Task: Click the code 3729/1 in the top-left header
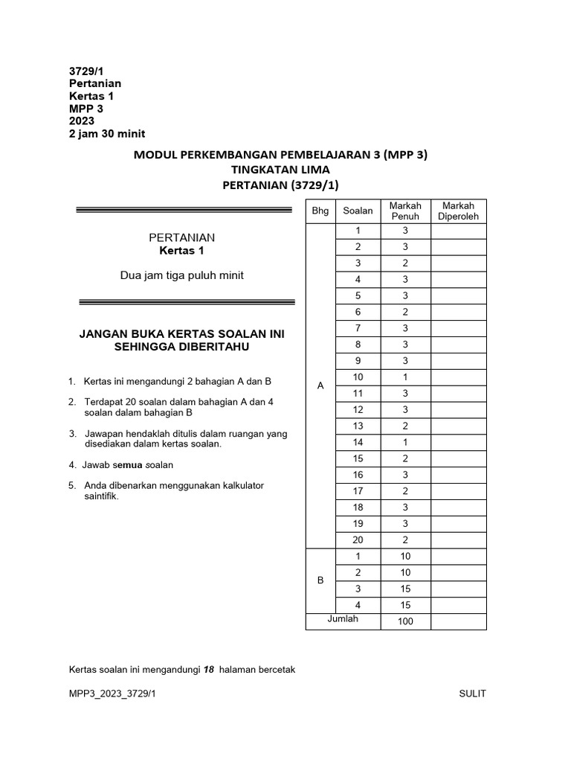[87, 71]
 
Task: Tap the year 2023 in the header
[82, 121]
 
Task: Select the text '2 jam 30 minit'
[107, 134]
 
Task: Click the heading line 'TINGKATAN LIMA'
[280, 170]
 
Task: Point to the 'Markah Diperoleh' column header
[459, 211]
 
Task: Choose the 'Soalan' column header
[358, 211]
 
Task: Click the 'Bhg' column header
[320, 211]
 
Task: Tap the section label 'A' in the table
[320, 385]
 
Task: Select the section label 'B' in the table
[320, 580]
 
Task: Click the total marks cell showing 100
[404, 622]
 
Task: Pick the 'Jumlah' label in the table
[343, 619]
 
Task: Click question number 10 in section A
[358, 377]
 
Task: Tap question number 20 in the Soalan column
[358, 540]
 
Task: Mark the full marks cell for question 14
[405, 442]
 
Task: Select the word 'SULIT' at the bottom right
[473, 694]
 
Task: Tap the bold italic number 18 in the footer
[209, 670]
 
